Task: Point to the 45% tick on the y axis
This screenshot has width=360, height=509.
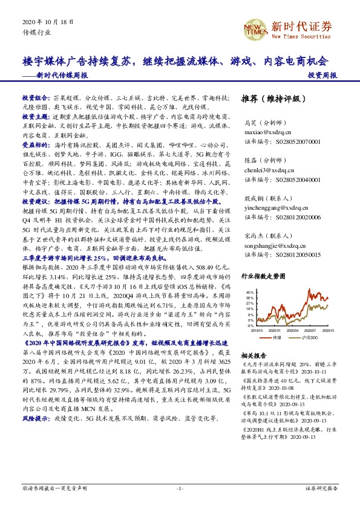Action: (250, 293)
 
